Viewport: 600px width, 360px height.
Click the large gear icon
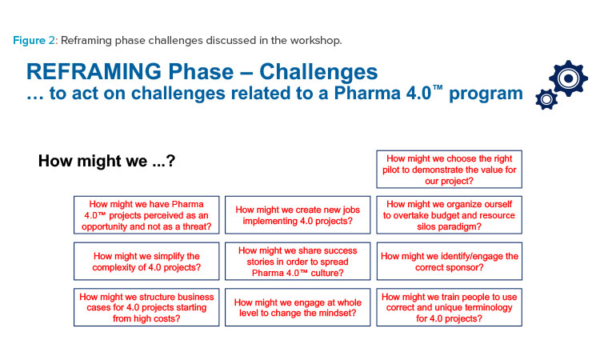click(x=568, y=78)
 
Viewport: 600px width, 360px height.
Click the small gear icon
click(x=546, y=99)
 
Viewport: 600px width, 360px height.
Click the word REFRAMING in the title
click(x=94, y=71)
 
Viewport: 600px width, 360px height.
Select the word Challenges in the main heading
click(x=318, y=71)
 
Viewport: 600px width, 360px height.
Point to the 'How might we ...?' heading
click(x=106, y=161)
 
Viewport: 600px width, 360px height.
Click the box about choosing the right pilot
click(x=450, y=169)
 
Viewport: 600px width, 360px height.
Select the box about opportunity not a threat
click(x=146, y=215)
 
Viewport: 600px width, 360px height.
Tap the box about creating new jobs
click(x=298, y=215)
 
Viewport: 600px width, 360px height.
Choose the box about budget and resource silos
click(x=450, y=215)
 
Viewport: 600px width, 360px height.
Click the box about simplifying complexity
click(x=146, y=262)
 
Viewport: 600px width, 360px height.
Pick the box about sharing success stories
click(x=298, y=262)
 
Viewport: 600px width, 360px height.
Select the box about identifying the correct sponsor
click(x=450, y=262)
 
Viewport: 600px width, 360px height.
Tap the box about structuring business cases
click(x=146, y=307)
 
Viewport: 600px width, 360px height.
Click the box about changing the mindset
click(x=298, y=307)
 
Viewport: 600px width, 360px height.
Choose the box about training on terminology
click(x=450, y=307)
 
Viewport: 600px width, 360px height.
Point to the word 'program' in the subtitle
click(x=486, y=94)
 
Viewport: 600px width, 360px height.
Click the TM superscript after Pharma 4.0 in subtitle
click(x=438, y=88)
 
